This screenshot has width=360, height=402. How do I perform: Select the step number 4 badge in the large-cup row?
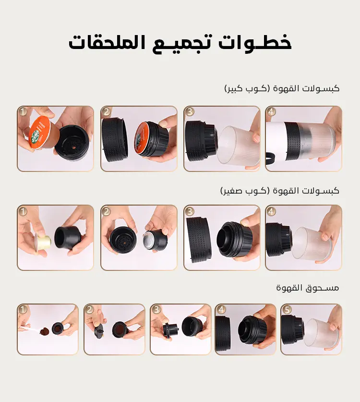[x=271, y=112]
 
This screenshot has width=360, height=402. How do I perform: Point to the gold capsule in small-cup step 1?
[x=43, y=241]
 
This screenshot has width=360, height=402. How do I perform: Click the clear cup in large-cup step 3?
[x=238, y=146]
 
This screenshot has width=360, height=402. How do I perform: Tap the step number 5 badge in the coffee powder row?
[x=287, y=309]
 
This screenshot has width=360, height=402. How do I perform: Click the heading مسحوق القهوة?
[x=308, y=288]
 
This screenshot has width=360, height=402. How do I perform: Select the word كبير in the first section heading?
[x=234, y=89]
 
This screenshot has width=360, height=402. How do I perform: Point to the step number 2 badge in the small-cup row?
[x=107, y=211]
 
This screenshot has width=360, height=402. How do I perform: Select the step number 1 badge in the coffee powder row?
[x=23, y=309]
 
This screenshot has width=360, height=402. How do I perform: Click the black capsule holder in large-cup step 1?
[x=72, y=142]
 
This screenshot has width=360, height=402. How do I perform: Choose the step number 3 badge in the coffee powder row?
[x=156, y=309]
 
